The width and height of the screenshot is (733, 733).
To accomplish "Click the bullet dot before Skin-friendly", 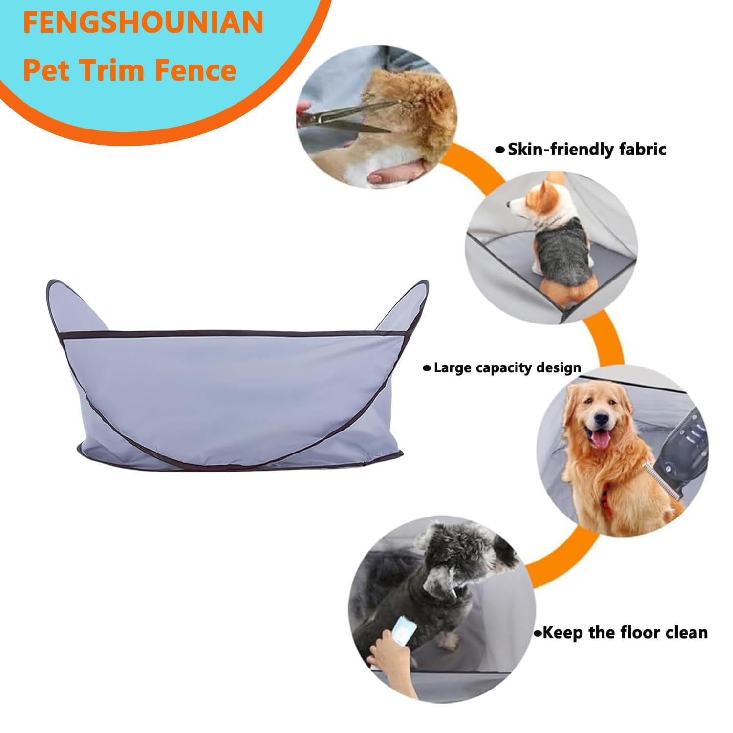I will pyautogui.click(x=499, y=151).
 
